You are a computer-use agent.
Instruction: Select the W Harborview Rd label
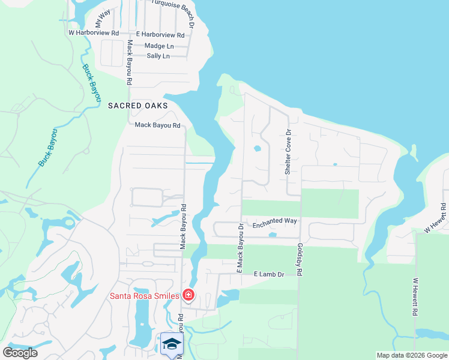point(94,33)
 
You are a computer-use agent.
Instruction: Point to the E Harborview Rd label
point(160,35)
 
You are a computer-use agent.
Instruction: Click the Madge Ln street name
point(159,46)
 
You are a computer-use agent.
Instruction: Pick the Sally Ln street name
point(158,56)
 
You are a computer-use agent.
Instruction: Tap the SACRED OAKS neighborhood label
point(137,106)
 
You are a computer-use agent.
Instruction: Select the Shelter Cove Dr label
point(288,152)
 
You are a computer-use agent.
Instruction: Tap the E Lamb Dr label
point(268,274)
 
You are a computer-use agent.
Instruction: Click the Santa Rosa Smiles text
point(143,296)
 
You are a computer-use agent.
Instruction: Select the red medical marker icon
point(188,295)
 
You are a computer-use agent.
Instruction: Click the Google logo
point(20,353)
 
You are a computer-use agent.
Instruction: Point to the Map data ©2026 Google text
point(411,355)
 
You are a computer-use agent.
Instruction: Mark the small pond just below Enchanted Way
point(273,235)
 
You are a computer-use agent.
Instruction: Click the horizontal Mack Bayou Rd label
point(157,125)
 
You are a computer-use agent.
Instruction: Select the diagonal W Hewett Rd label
point(436,218)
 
